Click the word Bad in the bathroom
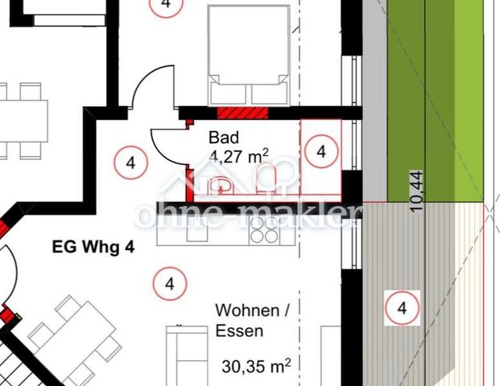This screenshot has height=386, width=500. (224, 137)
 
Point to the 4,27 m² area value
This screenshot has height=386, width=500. (238, 156)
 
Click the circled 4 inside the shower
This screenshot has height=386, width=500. (321, 150)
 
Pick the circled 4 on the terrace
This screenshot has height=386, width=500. (402, 308)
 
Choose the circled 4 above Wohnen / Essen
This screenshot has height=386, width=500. (169, 284)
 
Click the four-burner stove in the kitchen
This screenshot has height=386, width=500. (262, 231)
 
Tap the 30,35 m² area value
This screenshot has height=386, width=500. (255, 368)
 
